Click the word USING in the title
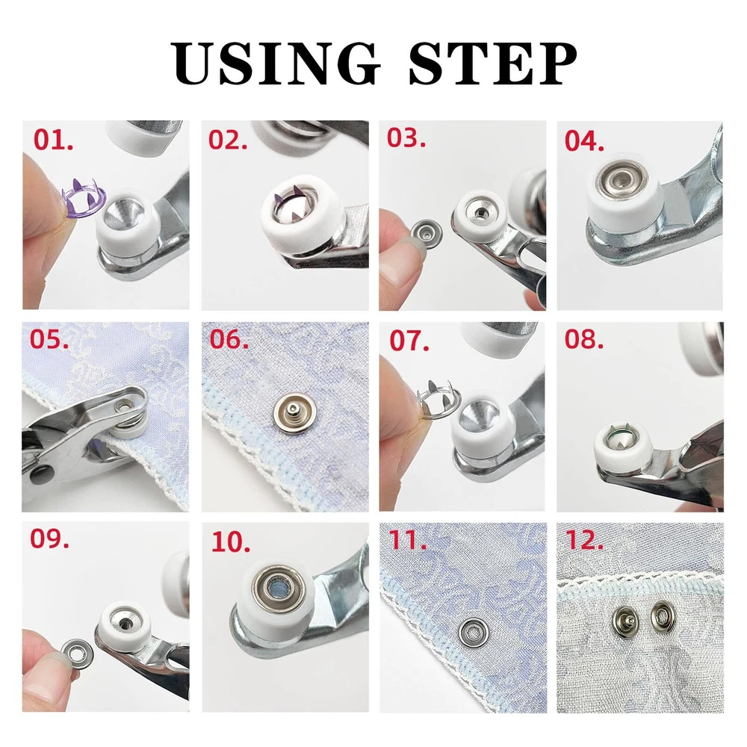point(276,63)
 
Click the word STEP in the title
point(492,63)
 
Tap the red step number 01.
point(53,140)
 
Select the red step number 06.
point(229,340)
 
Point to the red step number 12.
point(584,540)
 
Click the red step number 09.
point(49,539)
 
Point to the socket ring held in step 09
point(77,653)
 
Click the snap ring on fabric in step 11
point(474,632)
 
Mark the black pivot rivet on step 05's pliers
point(40,474)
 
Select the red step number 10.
point(231,542)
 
